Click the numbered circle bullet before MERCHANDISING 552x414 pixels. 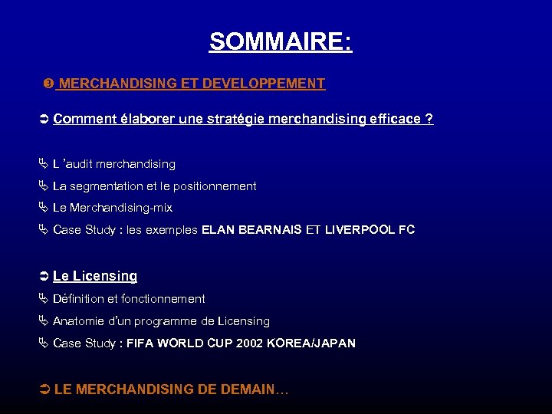(48, 84)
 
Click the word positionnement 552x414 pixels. (215, 186)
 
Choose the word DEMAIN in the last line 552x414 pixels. (249, 389)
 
